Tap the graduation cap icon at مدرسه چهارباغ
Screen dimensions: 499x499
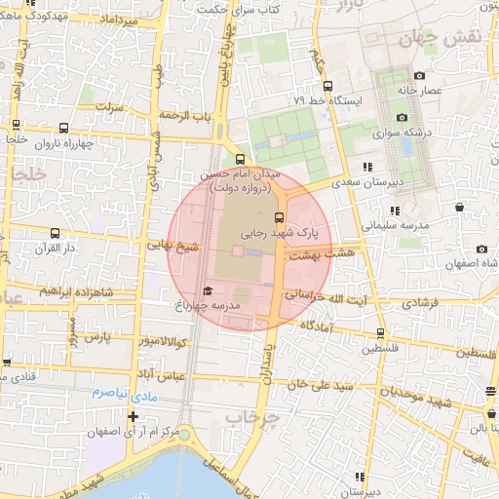tap(207, 290)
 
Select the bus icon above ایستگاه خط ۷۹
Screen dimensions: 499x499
tap(327, 85)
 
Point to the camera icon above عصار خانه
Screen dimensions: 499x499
tap(419, 75)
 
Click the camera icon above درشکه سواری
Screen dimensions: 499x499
tap(401, 117)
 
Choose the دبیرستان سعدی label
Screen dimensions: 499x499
tap(365, 182)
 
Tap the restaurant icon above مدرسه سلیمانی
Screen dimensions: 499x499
tap(394, 210)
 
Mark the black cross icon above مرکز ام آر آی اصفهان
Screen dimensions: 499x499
tap(134, 416)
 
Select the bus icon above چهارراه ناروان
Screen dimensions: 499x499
tap(64, 127)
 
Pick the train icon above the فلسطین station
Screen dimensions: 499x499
tap(380, 332)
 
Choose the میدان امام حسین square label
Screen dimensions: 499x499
tap(239, 173)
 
